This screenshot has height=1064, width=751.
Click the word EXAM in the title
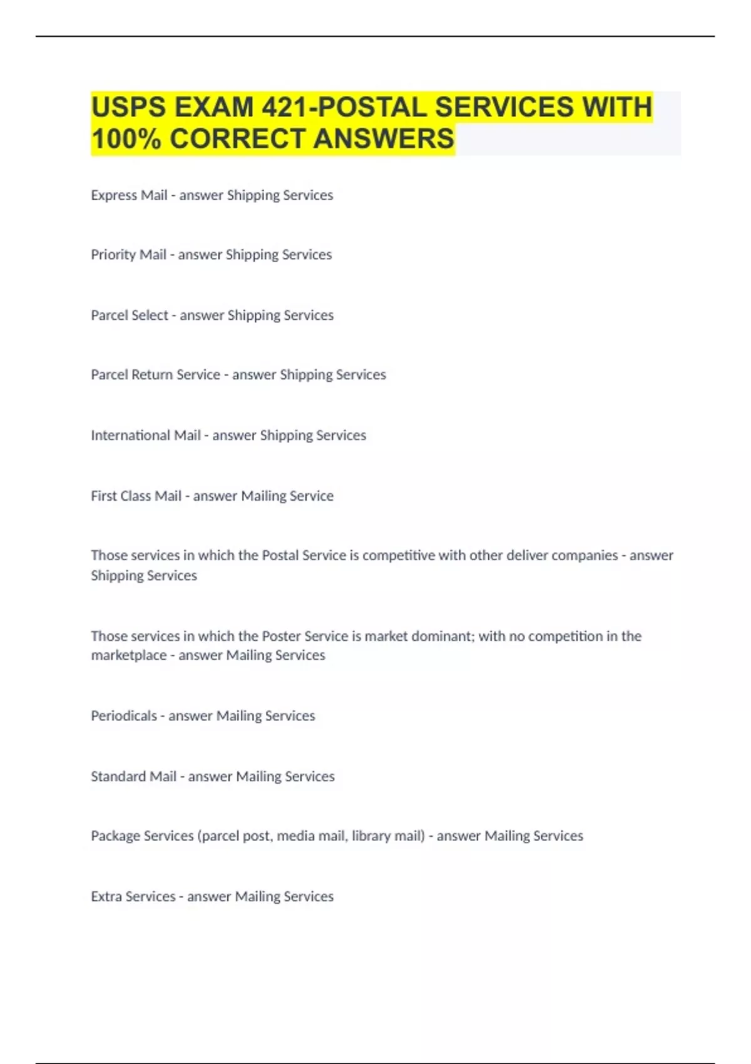(214, 107)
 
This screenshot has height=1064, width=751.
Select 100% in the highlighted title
(126, 138)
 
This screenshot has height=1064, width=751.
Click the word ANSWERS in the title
(383, 138)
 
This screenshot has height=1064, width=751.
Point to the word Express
(113, 195)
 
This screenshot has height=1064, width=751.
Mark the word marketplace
(128, 655)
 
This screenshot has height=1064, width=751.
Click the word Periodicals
(124, 715)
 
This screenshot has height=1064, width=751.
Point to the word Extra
(106, 896)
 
